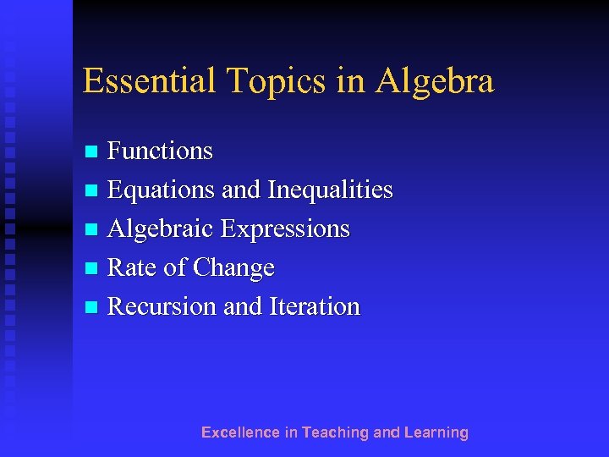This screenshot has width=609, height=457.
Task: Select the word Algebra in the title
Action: tap(435, 81)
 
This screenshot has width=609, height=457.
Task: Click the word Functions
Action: tap(161, 151)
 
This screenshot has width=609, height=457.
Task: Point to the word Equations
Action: tap(162, 190)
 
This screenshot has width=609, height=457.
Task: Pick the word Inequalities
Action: tap(330, 190)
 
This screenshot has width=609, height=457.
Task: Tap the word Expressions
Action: tap(285, 228)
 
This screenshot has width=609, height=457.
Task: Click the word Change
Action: tap(233, 267)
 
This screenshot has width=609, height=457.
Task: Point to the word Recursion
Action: tap(162, 306)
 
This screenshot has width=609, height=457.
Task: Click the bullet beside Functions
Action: tap(92, 152)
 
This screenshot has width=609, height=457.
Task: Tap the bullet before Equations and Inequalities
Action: tap(92, 191)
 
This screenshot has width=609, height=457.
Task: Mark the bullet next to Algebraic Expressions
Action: tap(92, 230)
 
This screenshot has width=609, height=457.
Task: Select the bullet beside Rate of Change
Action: tap(92, 269)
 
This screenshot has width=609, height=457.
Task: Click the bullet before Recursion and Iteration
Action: tap(92, 308)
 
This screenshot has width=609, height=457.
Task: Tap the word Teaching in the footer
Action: tap(335, 432)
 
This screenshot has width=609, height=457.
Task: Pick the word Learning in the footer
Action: tap(436, 432)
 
